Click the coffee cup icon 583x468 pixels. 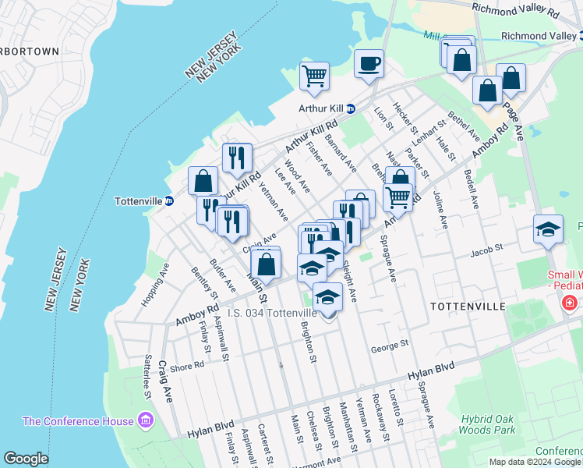click(x=369, y=63)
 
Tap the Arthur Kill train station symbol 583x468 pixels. click(x=351, y=108)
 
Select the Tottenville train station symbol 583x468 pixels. click(x=168, y=200)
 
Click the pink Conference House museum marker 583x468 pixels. click(x=144, y=422)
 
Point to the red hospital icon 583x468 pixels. click(x=571, y=302)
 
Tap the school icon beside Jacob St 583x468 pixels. click(x=548, y=229)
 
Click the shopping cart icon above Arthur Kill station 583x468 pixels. click(x=314, y=76)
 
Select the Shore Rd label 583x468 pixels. click(x=186, y=364)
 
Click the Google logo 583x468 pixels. click(x=26, y=458)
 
